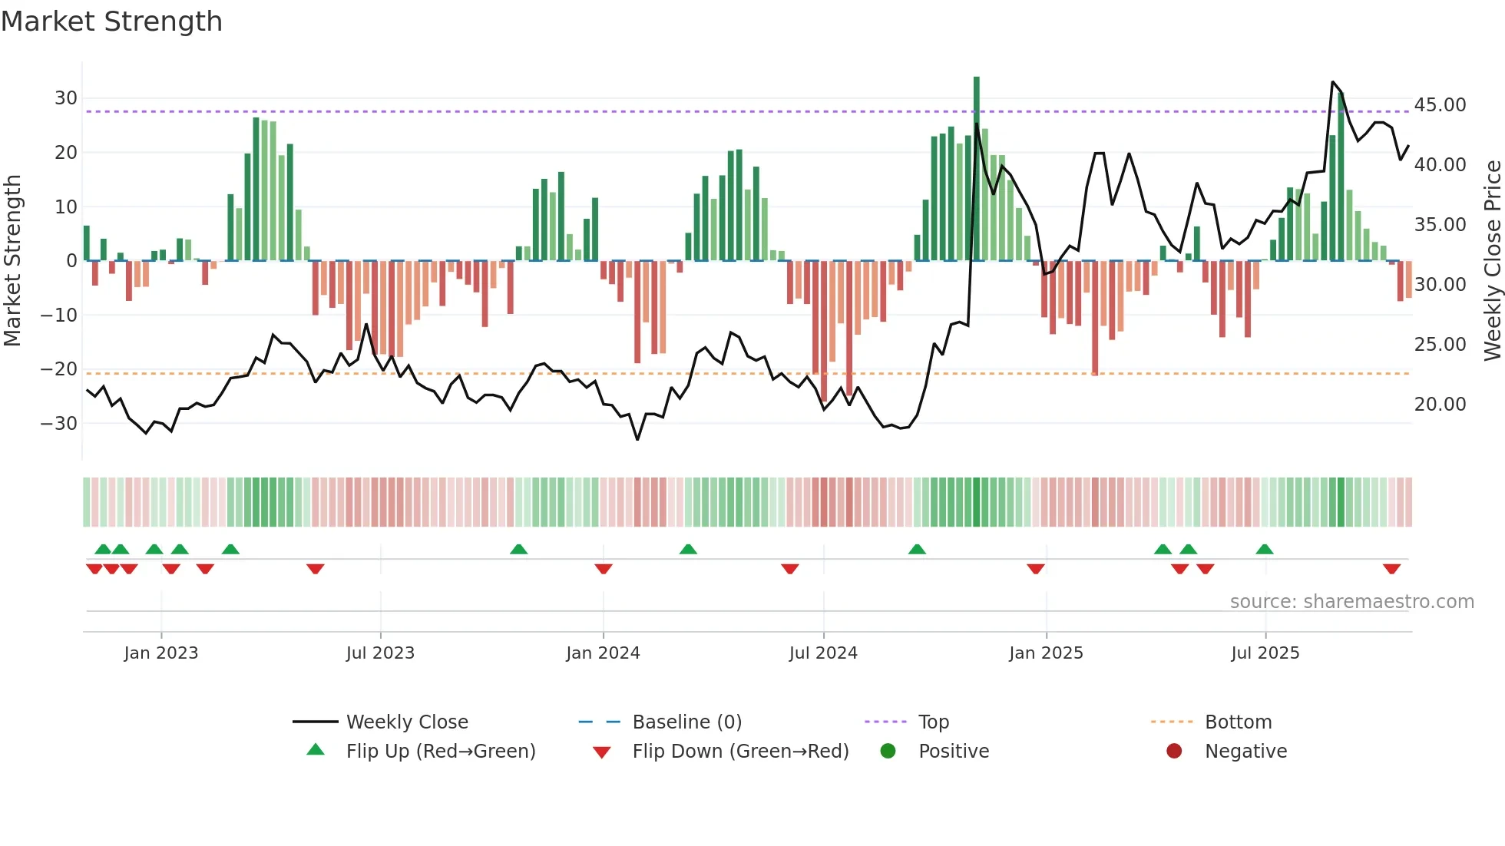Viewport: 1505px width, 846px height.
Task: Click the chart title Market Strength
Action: coord(111,21)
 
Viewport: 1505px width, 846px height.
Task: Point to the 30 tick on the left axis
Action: coord(66,98)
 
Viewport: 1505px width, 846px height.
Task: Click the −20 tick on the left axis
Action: coord(59,369)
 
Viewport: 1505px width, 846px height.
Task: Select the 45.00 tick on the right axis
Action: coord(1440,105)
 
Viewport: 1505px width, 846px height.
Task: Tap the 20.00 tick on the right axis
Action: coord(1440,405)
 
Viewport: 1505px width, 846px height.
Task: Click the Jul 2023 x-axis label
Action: coord(380,653)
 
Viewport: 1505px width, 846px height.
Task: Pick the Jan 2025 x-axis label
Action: coord(1046,653)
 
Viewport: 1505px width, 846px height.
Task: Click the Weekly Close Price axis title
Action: coord(1492,261)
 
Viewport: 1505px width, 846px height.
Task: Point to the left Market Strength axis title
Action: coord(12,261)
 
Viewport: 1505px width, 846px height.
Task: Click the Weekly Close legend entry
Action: coord(406,722)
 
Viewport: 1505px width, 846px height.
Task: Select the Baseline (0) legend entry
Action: coord(686,722)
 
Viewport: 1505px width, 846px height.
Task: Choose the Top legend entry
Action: coord(933,722)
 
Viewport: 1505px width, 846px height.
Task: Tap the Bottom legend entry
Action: coord(1238,722)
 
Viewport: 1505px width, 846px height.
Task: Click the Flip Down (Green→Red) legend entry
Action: coord(739,752)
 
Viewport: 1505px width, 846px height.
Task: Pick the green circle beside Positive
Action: coord(888,752)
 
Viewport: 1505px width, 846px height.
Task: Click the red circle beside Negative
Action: coord(1174,752)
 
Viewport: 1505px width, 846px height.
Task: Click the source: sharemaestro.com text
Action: coord(1351,602)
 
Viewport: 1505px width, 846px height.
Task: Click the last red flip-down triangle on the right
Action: coord(1391,569)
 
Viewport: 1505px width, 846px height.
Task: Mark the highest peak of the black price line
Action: coord(1333,81)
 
